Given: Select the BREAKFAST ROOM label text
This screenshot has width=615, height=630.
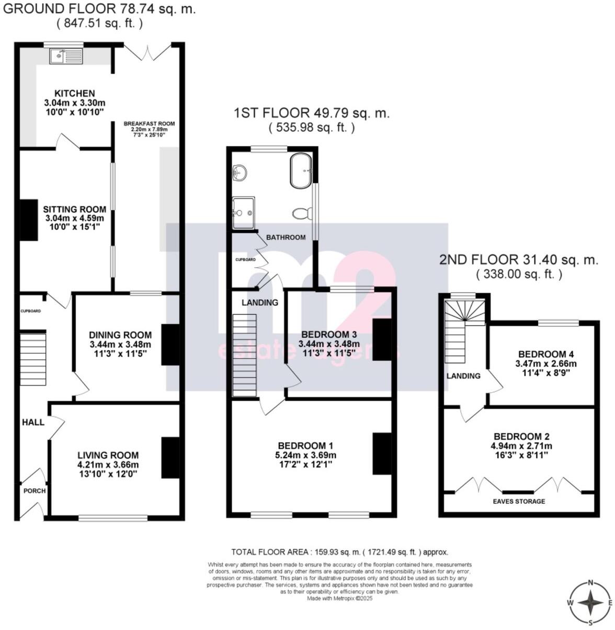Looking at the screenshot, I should click(x=149, y=124).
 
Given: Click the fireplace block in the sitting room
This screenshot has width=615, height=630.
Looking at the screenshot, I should click(x=29, y=220).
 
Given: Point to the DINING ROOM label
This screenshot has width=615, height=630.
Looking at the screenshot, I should click(x=120, y=335).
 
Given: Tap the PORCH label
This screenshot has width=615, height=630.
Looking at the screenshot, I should click(x=35, y=491).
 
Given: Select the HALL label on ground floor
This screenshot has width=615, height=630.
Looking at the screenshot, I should click(x=33, y=422).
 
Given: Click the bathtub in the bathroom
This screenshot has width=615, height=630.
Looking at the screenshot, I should click(x=300, y=170).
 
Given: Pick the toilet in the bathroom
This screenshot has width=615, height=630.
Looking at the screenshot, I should click(x=302, y=213).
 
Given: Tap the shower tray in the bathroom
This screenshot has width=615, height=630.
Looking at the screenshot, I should click(x=244, y=213).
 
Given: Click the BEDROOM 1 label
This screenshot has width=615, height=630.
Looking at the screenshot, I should click(x=305, y=445).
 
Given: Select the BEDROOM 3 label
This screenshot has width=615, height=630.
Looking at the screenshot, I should click(x=329, y=335).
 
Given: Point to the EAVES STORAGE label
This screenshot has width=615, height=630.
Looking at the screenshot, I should click(x=519, y=501).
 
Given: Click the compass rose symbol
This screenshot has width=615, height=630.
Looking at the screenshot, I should click(x=590, y=603).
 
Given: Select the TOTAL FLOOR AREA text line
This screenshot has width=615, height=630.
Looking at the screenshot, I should click(x=339, y=552).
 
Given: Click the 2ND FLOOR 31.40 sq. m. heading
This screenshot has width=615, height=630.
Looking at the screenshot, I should click(x=518, y=260).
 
